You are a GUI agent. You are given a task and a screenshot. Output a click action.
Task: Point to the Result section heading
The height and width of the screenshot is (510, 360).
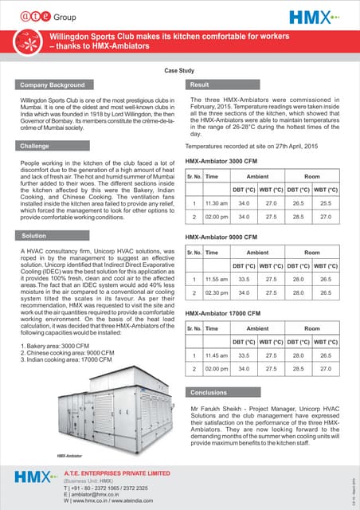[200, 84]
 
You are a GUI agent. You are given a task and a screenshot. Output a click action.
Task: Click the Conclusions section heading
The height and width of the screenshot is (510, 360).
[210, 392]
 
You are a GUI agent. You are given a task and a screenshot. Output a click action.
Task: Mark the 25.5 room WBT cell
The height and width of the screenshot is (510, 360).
[326, 203]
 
